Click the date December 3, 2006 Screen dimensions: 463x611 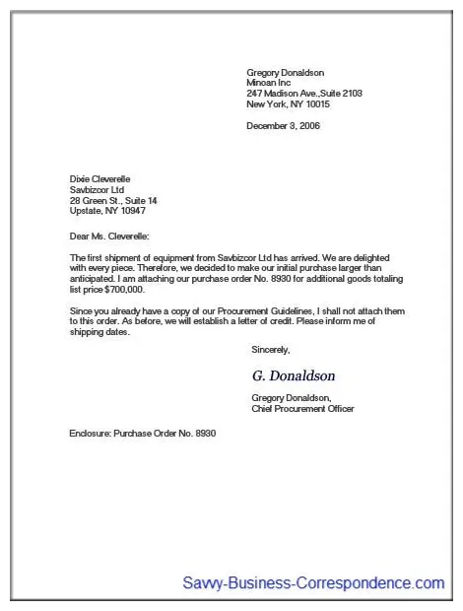click(283, 125)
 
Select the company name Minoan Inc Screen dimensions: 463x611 click(269, 83)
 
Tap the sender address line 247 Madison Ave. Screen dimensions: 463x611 click(304, 93)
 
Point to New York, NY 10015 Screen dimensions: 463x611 click(288, 103)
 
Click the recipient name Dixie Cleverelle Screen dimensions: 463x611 click(100, 178)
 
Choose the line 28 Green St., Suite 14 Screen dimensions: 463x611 click(113, 200)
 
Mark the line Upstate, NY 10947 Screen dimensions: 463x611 click(107, 211)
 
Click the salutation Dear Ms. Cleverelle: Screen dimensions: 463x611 click(109, 236)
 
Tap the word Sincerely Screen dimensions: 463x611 click(271, 349)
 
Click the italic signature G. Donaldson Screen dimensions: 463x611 click(294, 375)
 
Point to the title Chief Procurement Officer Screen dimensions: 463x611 click(302, 408)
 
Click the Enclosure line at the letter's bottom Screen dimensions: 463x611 click(142, 434)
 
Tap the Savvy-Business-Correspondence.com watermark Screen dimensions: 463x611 click(313, 583)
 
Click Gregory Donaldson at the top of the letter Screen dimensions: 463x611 click(285, 72)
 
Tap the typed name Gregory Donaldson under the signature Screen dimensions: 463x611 click(290, 397)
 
